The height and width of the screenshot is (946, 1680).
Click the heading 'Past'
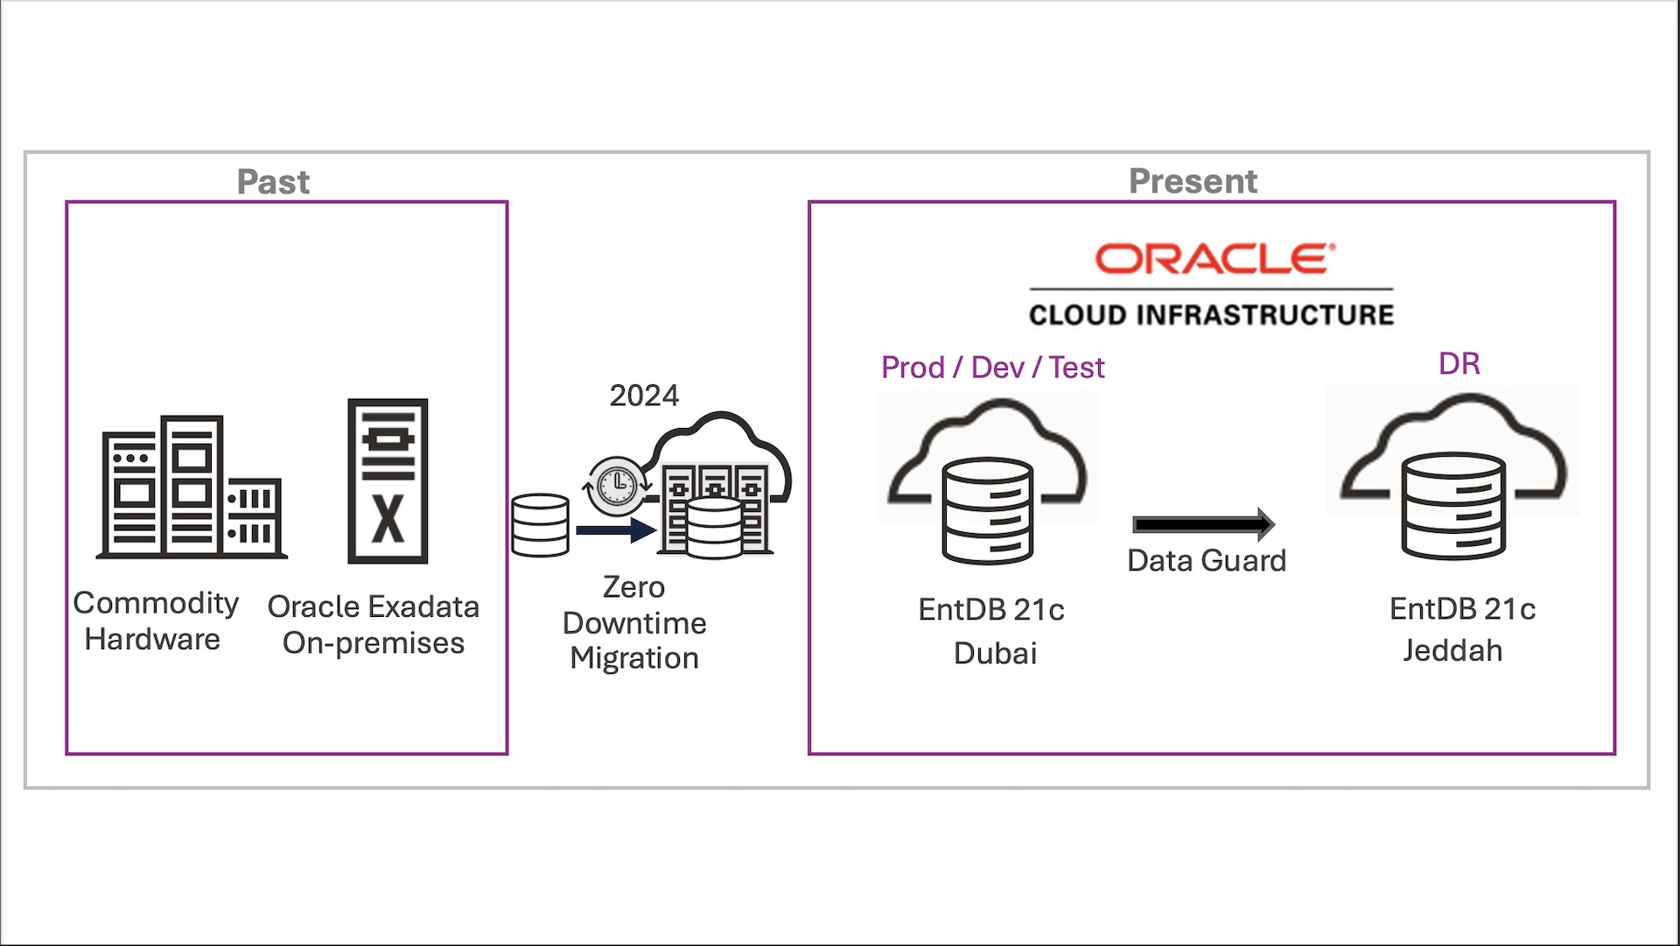(x=273, y=182)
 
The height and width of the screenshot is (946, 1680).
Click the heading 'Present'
(x=1193, y=181)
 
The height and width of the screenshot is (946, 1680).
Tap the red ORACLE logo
(x=1214, y=259)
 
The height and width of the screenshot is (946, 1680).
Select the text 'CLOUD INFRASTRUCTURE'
(x=1211, y=315)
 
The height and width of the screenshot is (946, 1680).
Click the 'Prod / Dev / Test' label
(x=992, y=368)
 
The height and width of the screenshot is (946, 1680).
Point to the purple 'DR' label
(x=1459, y=364)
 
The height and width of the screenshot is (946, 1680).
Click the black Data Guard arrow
(x=1203, y=524)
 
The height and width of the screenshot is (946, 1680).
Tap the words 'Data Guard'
(x=1207, y=561)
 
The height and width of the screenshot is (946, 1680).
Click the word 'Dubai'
(x=995, y=654)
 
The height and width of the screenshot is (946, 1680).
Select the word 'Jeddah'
(x=1452, y=651)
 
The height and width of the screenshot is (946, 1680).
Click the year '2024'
(x=644, y=396)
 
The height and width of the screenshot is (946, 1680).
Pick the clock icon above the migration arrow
(x=618, y=484)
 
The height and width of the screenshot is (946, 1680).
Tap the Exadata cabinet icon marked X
(x=388, y=480)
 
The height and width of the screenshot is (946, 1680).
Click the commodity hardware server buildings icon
(x=192, y=487)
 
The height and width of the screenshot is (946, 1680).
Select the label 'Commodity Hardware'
(x=155, y=620)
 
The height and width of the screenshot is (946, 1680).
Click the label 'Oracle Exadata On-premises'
(x=374, y=625)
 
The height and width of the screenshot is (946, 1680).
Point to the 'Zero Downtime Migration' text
(x=634, y=622)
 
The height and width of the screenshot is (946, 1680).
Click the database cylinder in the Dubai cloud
(x=987, y=511)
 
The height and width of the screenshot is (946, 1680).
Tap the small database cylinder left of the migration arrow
(x=540, y=525)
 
